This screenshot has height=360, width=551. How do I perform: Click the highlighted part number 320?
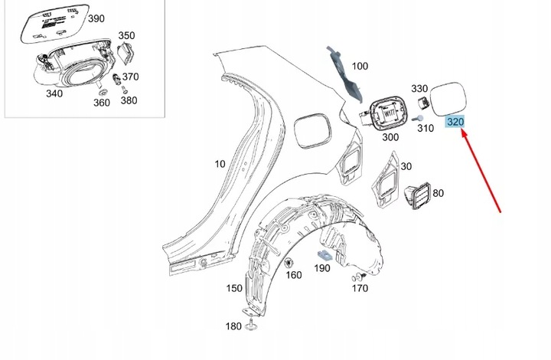click(x=456, y=123)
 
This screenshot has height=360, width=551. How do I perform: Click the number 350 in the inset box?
click(x=126, y=35)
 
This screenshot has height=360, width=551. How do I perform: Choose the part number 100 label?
click(x=359, y=66)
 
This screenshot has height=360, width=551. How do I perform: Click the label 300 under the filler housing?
click(x=390, y=137)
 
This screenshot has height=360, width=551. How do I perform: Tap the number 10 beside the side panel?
click(x=220, y=165)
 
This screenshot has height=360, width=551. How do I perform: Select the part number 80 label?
click(x=439, y=193)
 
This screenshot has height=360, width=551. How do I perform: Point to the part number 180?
click(x=233, y=327)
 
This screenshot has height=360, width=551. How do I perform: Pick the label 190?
click(x=321, y=268)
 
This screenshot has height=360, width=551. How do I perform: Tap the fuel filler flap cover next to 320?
click(x=454, y=97)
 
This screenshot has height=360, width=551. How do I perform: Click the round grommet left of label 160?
click(x=290, y=264)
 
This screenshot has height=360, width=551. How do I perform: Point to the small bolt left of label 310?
click(x=412, y=119)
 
